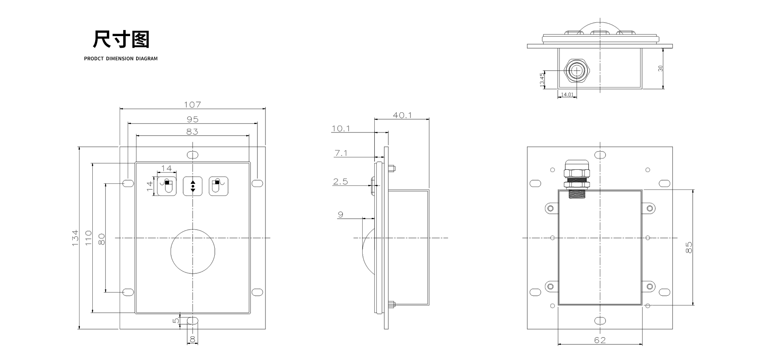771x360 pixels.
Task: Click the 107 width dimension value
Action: pos(192,104)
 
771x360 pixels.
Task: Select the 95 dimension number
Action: pos(193,119)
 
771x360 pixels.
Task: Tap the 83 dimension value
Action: pos(192,131)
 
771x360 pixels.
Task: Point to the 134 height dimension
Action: pos(75,238)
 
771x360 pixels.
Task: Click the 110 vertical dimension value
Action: pos(88,238)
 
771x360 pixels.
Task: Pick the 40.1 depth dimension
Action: pos(402,115)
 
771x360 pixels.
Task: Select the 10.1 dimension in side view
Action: pos(341,128)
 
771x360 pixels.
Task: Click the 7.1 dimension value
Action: pos(341,153)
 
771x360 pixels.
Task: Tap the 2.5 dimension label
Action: pos(340,181)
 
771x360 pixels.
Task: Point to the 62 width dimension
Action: pos(600,340)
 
